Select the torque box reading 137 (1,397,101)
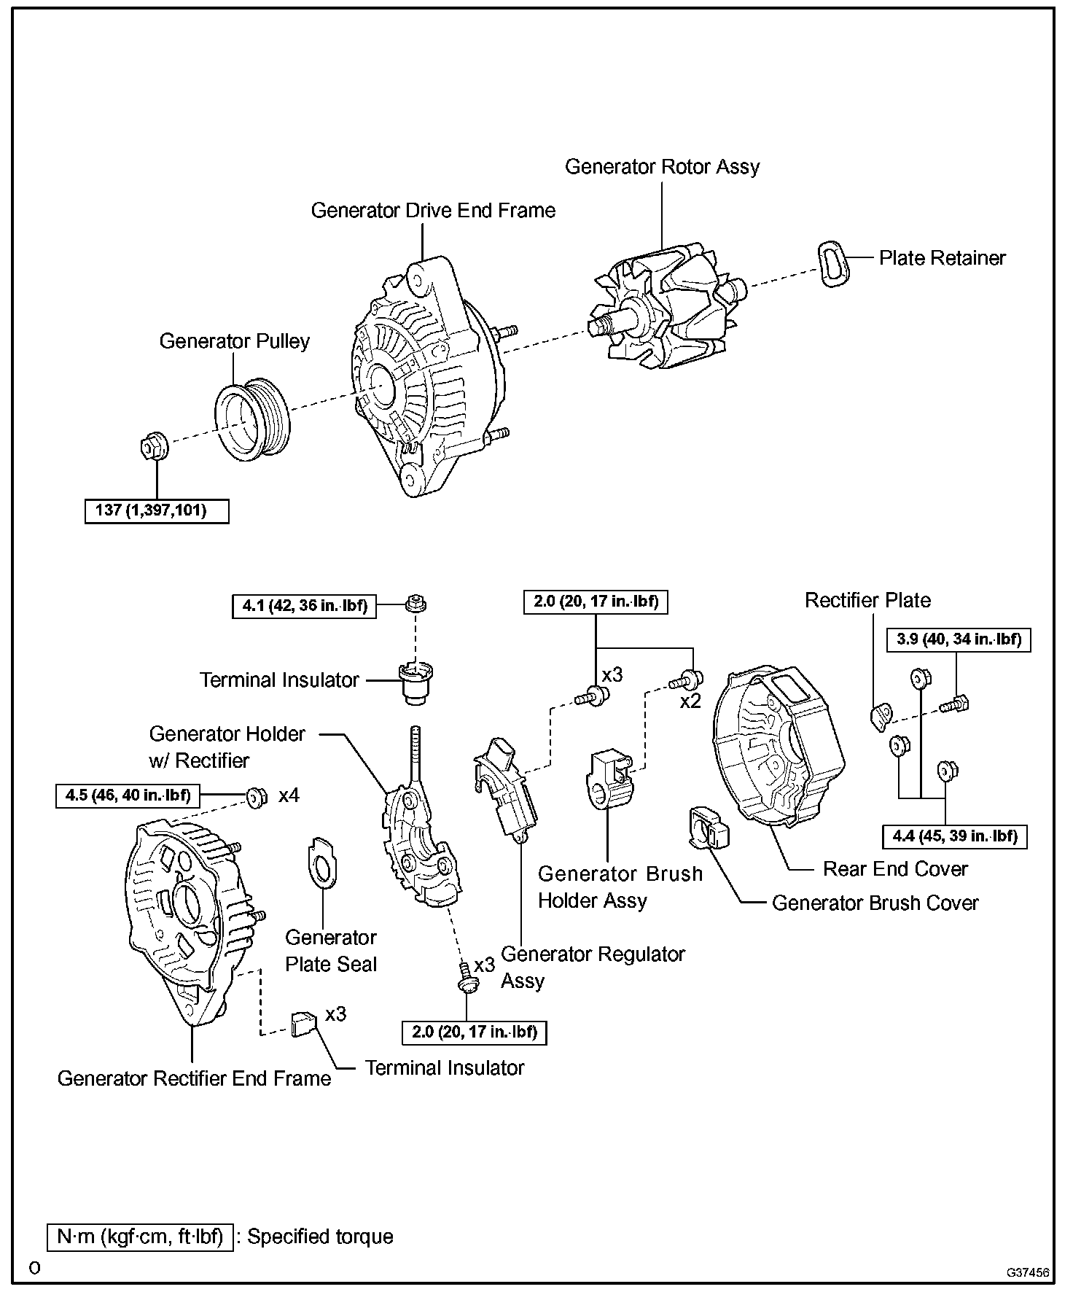(157, 510)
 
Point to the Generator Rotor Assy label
(662, 167)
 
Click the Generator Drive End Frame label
(433, 211)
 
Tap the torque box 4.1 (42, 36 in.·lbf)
(305, 605)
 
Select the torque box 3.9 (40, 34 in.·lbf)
(959, 639)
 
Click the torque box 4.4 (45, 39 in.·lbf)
(954, 836)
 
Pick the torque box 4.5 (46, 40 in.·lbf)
(128, 795)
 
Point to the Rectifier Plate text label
(867, 601)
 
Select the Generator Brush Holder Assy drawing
(609, 779)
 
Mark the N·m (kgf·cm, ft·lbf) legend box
(140, 1237)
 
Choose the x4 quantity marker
(289, 795)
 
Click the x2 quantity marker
(690, 701)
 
